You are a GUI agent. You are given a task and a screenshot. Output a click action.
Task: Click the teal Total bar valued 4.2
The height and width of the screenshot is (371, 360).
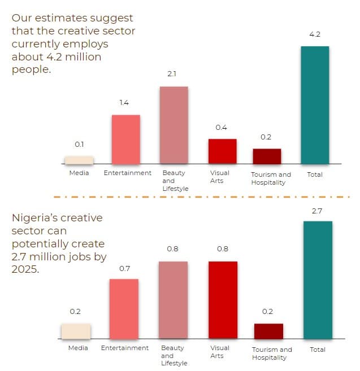[x=315, y=104]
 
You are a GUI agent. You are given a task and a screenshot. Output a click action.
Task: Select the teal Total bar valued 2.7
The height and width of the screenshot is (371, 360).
[x=318, y=280]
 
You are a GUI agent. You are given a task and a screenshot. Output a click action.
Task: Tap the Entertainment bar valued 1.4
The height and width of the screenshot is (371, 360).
[x=125, y=139]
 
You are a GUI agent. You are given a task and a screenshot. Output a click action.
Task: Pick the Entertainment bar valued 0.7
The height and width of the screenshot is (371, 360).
[x=124, y=308]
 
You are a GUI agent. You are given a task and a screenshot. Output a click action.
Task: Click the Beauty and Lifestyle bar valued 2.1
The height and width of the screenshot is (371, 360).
[x=174, y=125]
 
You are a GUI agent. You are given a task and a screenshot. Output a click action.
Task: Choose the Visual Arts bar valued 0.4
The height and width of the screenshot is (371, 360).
[x=222, y=151]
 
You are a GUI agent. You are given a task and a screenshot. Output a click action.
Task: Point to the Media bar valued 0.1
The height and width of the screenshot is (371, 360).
[x=79, y=160]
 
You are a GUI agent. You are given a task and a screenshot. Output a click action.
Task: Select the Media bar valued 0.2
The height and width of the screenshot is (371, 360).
[x=76, y=331]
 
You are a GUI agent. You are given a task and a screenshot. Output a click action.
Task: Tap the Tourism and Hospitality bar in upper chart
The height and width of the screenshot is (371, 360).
[x=267, y=156]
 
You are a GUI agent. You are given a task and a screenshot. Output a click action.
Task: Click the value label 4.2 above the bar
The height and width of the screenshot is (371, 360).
[x=315, y=34]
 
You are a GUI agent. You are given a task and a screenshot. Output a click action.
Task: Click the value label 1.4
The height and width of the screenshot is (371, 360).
[x=124, y=103]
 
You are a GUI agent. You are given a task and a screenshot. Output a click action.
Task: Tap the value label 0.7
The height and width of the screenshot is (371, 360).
[x=124, y=268]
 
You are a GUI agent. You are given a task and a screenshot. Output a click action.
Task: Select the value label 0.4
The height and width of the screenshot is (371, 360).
[x=221, y=128]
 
